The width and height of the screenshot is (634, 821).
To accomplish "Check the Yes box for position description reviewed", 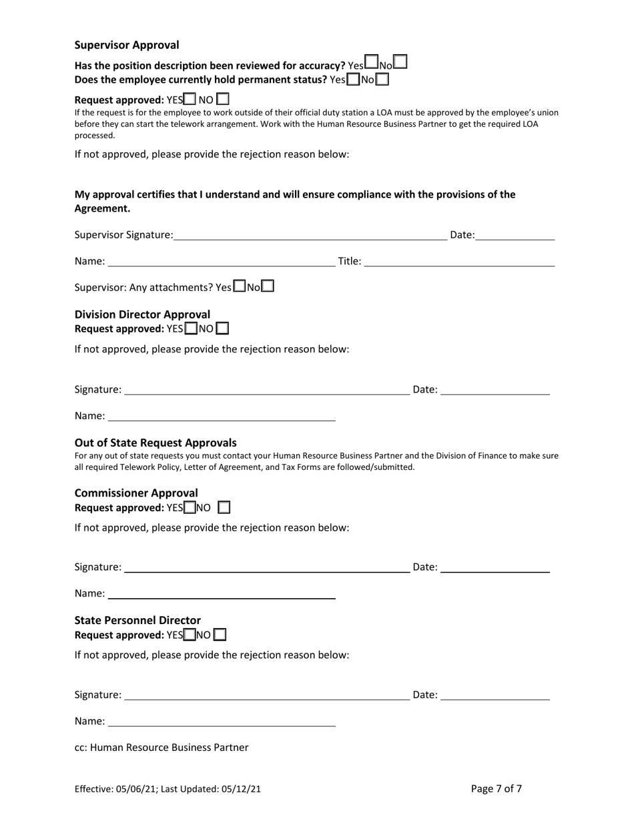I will (x=372, y=63).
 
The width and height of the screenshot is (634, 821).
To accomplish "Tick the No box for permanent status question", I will (x=382, y=79).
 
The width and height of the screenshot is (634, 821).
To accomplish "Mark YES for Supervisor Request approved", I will (x=190, y=99).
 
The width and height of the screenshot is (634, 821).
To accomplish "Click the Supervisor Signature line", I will (x=310, y=234).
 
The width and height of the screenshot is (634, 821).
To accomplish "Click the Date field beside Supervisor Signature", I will (x=515, y=234).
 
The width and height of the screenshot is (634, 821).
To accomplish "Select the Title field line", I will (x=459, y=261).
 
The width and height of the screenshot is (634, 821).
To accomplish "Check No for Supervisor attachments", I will (x=268, y=286).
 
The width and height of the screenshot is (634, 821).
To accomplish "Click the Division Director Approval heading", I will (x=142, y=314).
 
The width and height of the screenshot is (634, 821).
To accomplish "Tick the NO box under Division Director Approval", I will (x=223, y=328).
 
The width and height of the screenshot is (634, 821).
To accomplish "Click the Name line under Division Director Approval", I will (x=222, y=416).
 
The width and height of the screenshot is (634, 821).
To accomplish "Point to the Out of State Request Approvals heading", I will (x=155, y=443).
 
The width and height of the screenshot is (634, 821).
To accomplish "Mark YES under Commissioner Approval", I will (x=190, y=507).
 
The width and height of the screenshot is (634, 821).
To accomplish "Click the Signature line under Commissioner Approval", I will (x=267, y=567).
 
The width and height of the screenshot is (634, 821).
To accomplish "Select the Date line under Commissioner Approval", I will (x=495, y=567).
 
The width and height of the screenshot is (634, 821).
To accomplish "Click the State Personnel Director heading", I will (x=137, y=620).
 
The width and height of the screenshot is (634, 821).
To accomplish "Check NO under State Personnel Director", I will (x=220, y=635).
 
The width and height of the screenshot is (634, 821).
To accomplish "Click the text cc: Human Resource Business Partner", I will (x=162, y=748).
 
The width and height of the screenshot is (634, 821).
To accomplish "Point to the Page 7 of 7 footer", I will (x=497, y=788).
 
